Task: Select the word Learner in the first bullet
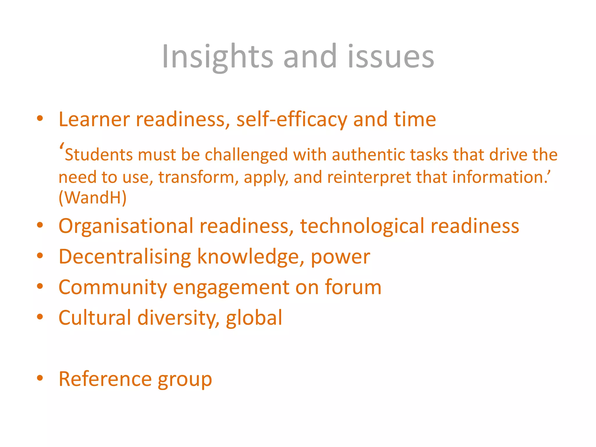pyautogui.click(x=94, y=119)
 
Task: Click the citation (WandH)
pyautogui.click(x=93, y=198)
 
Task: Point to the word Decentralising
pyautogui.click(x=125, y=257)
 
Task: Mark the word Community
pyautogui.click(x=113, y=287)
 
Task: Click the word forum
pyautogui.click(x=353, y=287)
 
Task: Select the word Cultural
pyautogui.click(x=95, y=317)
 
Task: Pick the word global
pyautogui.click(x=254, y=317)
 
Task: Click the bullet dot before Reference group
pyautogui.click(x=40, y=378)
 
